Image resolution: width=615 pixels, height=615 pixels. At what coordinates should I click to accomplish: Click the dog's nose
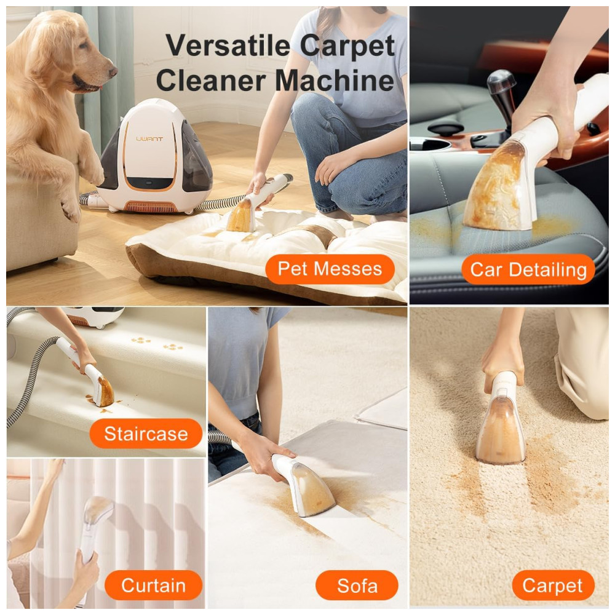(113, 71)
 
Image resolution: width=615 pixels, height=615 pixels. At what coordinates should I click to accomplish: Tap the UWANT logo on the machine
(149, 139)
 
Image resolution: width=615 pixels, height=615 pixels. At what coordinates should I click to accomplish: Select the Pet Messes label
(330, 269)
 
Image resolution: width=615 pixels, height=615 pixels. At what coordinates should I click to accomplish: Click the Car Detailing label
(528, 269)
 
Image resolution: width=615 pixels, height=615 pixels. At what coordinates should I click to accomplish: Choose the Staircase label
(146, 434)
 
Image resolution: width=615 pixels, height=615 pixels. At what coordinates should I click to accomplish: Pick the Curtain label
(153, 585)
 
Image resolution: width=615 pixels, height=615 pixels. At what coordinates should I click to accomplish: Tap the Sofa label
(357, 585)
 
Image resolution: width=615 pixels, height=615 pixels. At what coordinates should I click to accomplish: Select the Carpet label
(553, 585)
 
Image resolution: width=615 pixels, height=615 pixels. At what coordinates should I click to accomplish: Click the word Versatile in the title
(228, 46)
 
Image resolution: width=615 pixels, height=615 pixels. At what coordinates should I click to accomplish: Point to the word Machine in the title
(335, 80)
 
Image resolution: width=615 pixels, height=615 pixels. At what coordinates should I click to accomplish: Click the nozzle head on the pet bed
(241, 215)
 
